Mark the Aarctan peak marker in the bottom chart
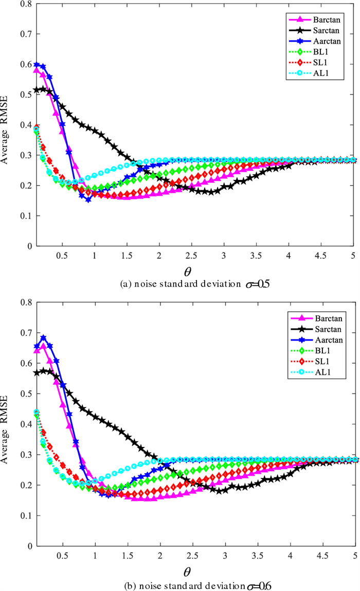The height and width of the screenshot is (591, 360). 44,338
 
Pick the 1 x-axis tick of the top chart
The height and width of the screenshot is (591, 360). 95,256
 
